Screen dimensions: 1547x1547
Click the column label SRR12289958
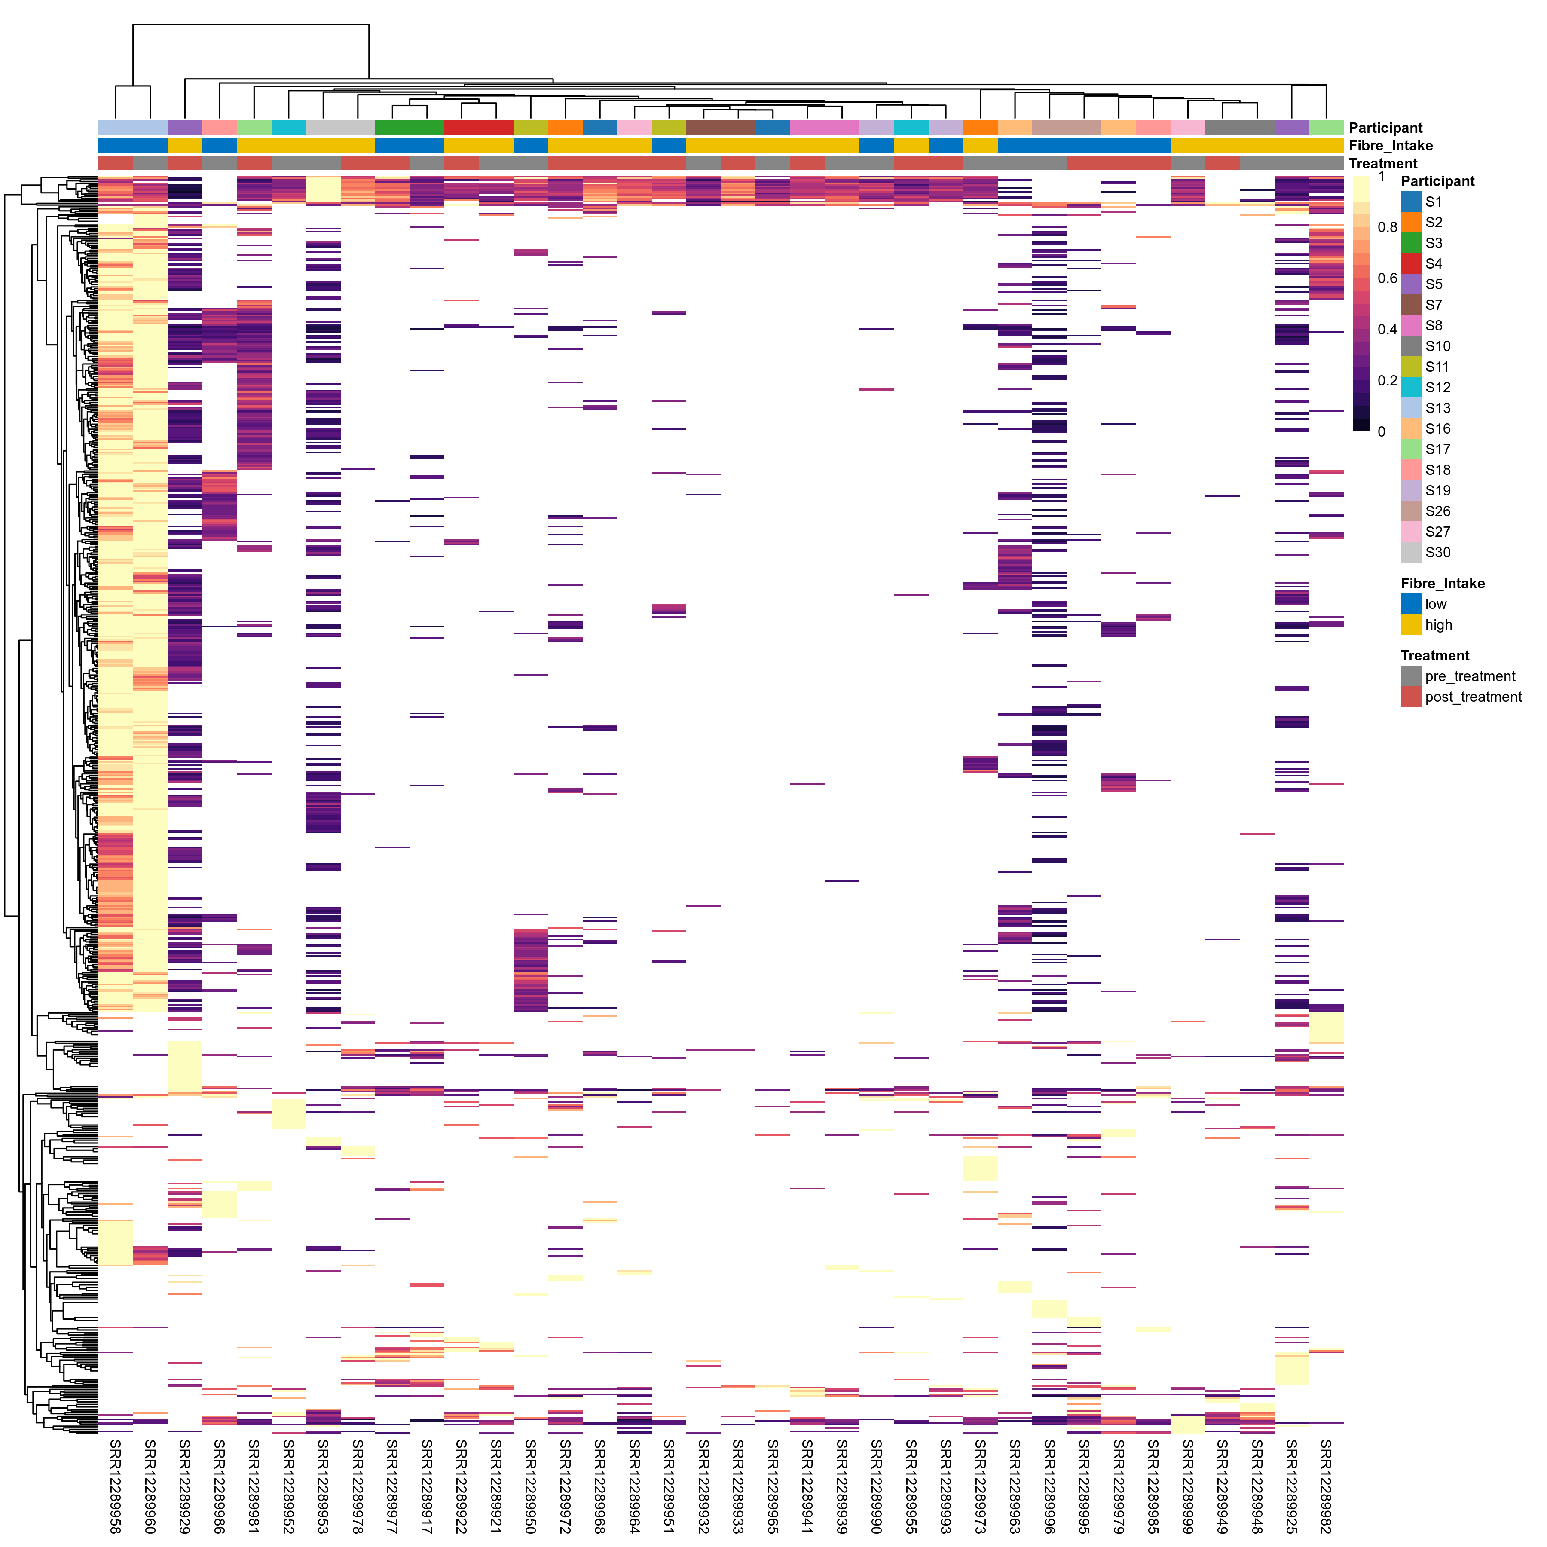[115, 1486]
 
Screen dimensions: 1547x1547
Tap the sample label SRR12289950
[530, 1486]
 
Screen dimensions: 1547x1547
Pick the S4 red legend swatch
[1411, 263]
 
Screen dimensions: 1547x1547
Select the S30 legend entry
[1437, 553]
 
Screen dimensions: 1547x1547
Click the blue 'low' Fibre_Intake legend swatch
[1411, 604]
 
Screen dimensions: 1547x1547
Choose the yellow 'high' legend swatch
[1411, 624]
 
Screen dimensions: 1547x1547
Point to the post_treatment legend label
[1474, 697]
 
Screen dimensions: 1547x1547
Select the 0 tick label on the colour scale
[1381, 431]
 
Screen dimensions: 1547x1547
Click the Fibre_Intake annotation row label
[1391, 146]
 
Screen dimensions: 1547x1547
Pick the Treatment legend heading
[1435, 656]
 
